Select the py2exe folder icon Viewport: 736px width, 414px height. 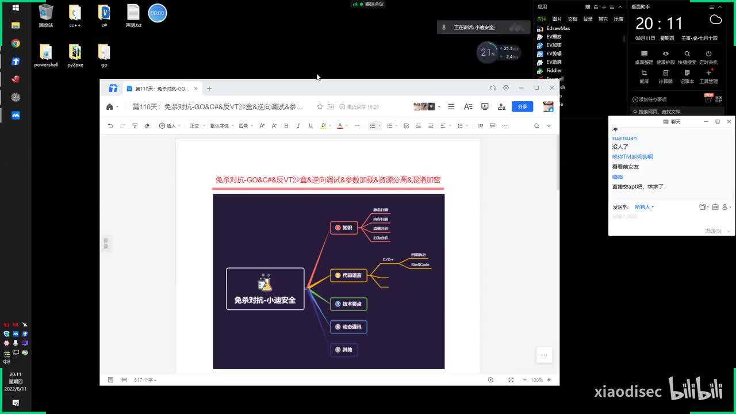pos(75,52)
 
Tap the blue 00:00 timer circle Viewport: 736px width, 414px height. pos(158,13)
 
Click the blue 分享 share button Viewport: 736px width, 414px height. pos(522,106)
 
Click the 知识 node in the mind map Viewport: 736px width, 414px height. pos(344,228)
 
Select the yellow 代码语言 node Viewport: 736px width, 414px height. pos(348,275)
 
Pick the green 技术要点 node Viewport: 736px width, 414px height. pos(348,304)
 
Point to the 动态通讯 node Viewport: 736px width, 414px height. pos(348,327)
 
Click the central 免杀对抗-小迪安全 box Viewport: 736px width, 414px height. pos(265,289)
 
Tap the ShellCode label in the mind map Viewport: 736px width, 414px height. pos(420,264)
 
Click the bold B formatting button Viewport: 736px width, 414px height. pos(286,125)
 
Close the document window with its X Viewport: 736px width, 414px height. pos(552,88)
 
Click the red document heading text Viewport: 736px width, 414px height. pos(328,180)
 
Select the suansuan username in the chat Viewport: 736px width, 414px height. pos(624,138)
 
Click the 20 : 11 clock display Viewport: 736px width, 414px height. pos(659,24)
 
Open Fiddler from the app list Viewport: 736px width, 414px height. pos(554,70)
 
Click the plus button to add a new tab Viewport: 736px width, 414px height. pos(209,89)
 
